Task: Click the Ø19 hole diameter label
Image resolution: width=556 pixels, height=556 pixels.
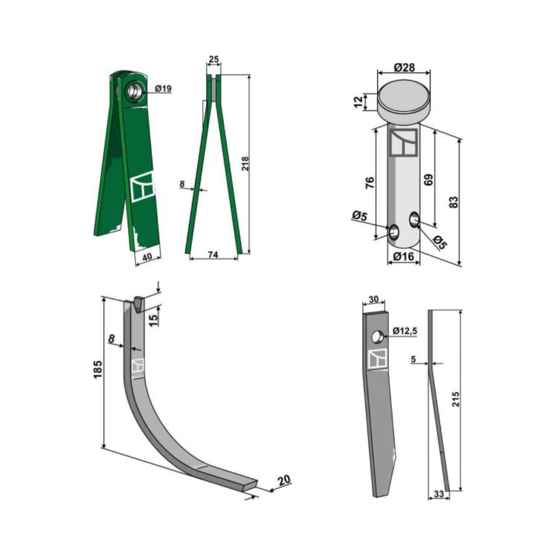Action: click(x=164, y=89)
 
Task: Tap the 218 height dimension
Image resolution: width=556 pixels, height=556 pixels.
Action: click(x=246, y=164)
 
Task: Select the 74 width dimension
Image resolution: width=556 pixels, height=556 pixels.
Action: click(x=213, y=254)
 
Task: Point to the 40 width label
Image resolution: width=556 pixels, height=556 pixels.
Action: click(x=147, y=257)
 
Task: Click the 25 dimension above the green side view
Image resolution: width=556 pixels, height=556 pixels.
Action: click(x=214, y=59)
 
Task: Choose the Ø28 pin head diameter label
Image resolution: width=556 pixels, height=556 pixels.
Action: click(x=404, y=67)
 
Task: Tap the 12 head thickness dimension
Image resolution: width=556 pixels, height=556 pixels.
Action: click(x=359, y=101)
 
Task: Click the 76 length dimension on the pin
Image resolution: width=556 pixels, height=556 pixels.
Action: click(x=369, y=182)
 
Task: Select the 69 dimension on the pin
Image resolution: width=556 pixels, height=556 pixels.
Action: click(x=428, y=180)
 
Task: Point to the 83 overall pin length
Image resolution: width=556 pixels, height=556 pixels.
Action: click(x=453, y=202)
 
